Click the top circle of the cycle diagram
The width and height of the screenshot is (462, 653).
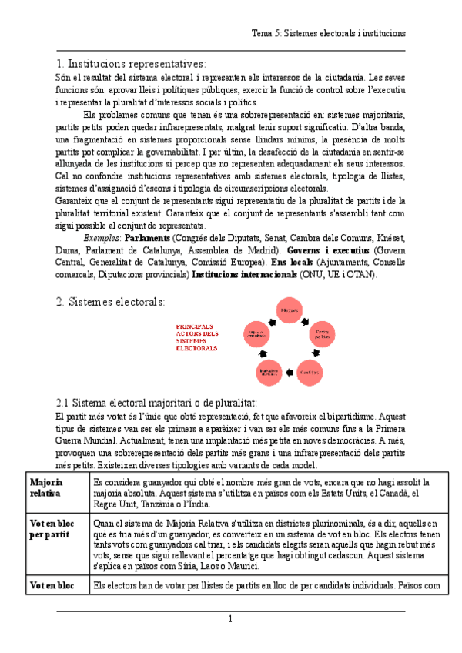[x=290, y=311]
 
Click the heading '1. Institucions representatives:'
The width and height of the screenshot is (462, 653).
[x=131, y=63]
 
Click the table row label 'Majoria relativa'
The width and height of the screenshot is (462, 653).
[x=47, y=487]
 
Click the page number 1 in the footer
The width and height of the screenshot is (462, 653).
[x=229, y=620]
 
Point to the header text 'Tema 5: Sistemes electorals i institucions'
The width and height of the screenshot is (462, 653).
[x=329, y=34]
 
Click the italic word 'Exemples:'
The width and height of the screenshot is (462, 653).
[x=102, y=239]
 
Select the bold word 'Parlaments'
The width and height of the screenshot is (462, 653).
[x=148, y=239]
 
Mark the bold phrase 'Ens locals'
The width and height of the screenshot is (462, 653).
[x=292, y=263]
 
